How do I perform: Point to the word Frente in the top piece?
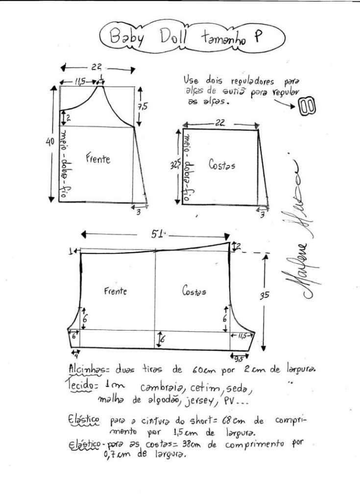coord(98,159)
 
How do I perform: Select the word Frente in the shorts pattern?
coord(115,291)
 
